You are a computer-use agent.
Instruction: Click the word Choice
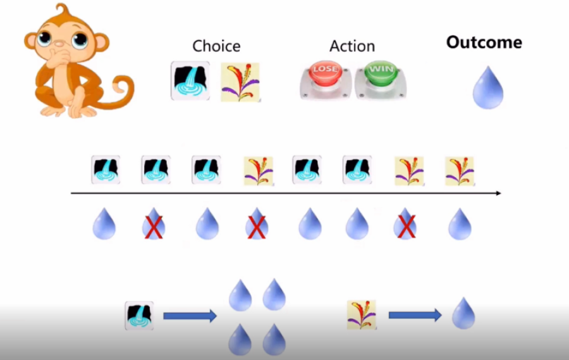tap(216, 46)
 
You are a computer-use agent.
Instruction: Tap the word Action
tap(352, 46)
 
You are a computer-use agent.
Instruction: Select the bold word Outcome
tap(484, 42)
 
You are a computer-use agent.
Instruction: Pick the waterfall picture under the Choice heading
tap(190, 80)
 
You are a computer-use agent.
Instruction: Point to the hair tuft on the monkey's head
tap(61, 13)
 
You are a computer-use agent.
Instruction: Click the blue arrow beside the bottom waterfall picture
tap(190, 316)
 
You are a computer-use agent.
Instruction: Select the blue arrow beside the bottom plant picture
tap(415, 315)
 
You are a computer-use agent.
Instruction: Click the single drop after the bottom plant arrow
tap(463, 313)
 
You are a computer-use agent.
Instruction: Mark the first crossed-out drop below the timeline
tap(154, 225)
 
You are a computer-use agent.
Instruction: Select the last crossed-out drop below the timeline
tap(407, 225)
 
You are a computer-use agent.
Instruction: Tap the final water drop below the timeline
tap(460, 225)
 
